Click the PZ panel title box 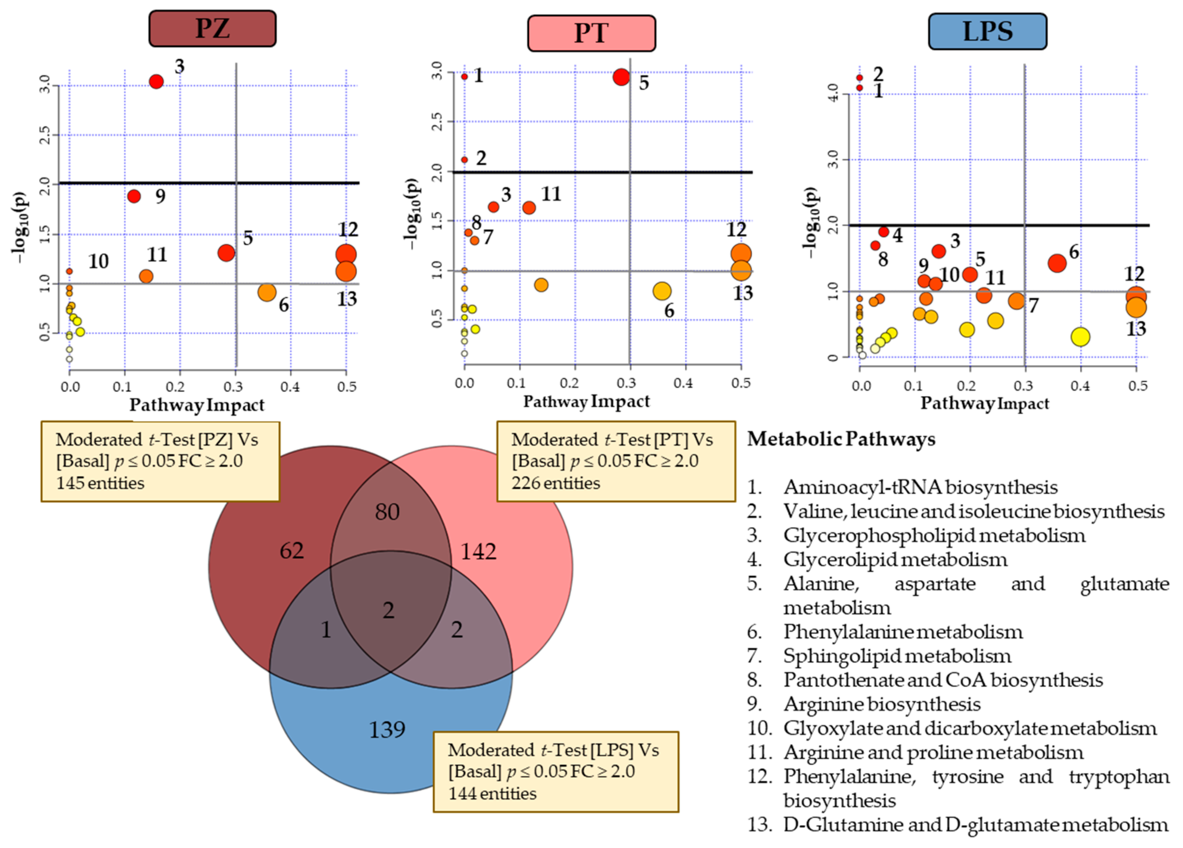coord(212,29)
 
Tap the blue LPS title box coord(987,31)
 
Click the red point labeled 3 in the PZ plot coord(156,81)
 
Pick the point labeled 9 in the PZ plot coord(134,196)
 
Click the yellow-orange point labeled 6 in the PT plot coord(662,291)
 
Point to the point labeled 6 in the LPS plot coord(1057,263)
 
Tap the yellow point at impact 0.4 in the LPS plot coord(1080,337)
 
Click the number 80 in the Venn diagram coord(387,512)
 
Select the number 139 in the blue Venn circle coord(387,729)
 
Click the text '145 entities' coord(100,483)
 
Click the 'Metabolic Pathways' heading coord(841,439)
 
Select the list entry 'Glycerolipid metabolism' coord(895,559)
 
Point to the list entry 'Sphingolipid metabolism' coord(897,656)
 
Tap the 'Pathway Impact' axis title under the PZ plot coord(197,405)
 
